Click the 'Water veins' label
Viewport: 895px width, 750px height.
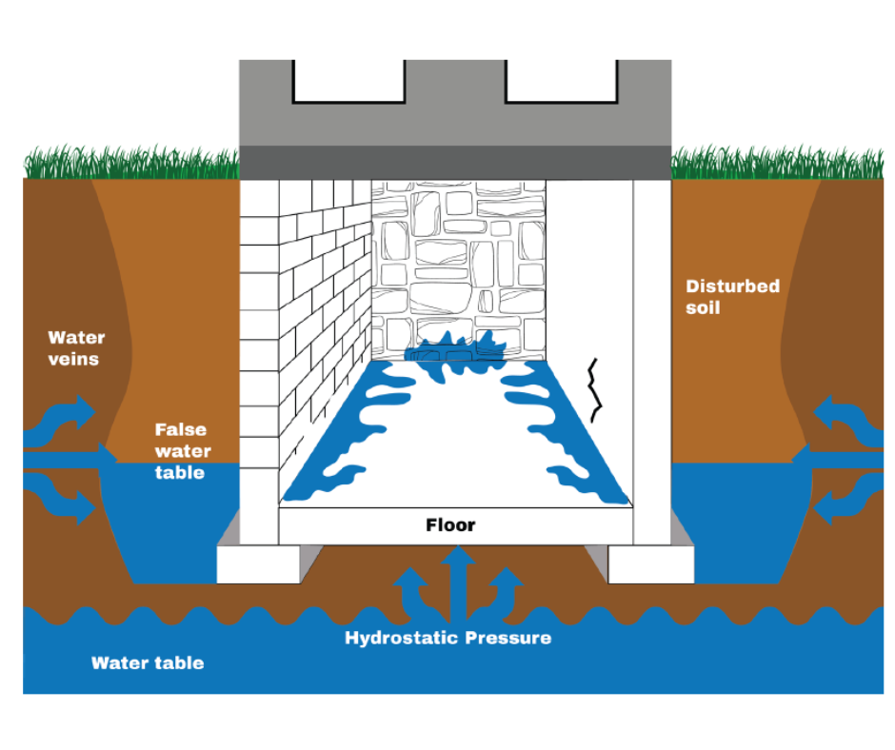tap(76, 348)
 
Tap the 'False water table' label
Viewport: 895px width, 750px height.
tap(182, 451)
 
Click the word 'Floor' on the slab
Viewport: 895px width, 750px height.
tap(450, 524)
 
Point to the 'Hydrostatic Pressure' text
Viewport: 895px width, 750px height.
tap(447, 638)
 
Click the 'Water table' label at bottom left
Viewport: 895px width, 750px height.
tap(148, 662)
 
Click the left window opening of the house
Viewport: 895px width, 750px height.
tap(348, 80)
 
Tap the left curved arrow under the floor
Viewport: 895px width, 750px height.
tap(412, 590)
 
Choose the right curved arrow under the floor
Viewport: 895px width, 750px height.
tap(504, 590)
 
